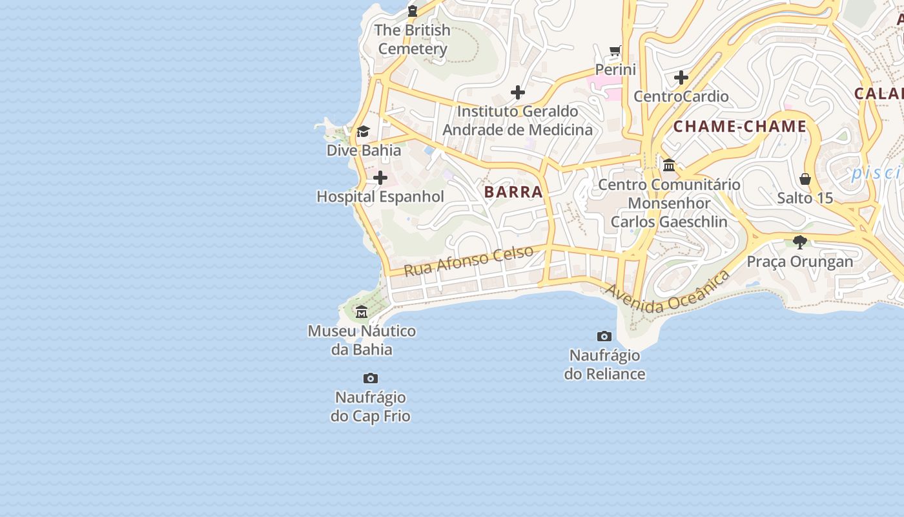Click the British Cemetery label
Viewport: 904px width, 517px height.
click(412, 39)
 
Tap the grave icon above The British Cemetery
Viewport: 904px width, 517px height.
click(413, 11)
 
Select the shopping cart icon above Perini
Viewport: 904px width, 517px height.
click(615, 50)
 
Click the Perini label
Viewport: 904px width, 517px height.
click(615, 69)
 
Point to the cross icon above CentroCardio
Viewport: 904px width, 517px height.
click(681, 78)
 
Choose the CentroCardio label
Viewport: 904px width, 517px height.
click(681, 96)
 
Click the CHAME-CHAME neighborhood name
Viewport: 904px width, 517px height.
click(740, 127)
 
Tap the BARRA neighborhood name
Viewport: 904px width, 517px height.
click(513, 192)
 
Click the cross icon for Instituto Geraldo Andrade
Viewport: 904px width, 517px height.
click(517, 92)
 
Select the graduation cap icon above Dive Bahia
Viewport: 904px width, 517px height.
click(363, 132)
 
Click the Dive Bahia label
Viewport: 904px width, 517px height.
click(364, 151)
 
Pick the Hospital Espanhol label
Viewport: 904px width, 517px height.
click(380, 196)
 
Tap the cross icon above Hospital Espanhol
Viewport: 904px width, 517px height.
click(380, 178)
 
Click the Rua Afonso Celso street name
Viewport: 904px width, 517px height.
click(469, 260)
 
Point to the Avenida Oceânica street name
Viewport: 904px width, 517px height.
click(667, 293)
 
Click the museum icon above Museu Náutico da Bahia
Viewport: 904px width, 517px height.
click(362, 312)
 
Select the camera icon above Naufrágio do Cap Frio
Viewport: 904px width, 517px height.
click(371, 378)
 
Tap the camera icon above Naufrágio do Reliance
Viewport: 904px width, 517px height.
click(604, 336)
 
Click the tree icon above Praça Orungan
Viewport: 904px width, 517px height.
click(800, 242)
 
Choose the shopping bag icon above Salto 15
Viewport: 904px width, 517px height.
click(805, 179)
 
